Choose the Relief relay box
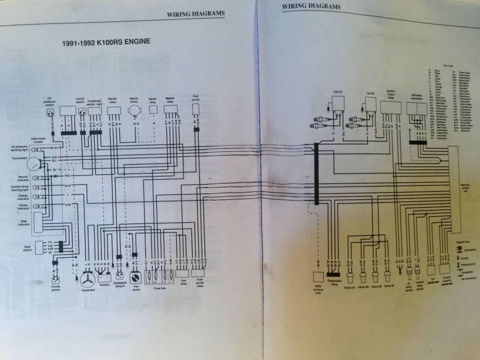(153, 108)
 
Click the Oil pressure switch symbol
(50, 114)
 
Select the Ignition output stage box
(390, 107)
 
